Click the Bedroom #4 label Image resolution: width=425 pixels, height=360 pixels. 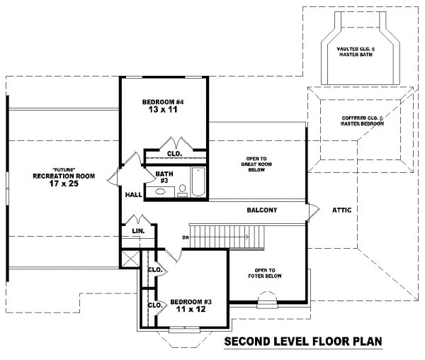coord(162,102)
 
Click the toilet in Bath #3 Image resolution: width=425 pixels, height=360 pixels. coord(182,189)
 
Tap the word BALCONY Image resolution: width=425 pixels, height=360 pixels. coord(261,210)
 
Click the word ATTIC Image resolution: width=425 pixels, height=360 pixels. coord(342,210)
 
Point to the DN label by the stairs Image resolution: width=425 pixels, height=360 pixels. coord(185,237)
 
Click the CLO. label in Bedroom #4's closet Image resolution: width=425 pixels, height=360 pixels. coord(174,153)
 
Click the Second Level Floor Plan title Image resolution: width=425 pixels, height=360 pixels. coord(302,342)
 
